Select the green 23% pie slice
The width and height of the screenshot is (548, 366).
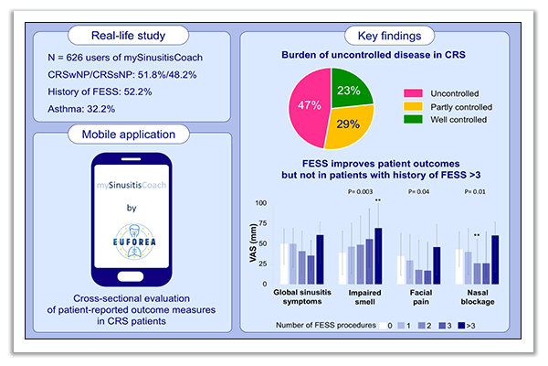coord(350,88)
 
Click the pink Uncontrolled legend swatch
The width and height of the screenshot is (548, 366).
coord(413,93)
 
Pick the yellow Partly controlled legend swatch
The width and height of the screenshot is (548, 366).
coord(413,106)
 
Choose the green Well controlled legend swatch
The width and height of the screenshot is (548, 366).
coord(413,120)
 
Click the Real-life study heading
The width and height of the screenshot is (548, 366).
coord(128,36)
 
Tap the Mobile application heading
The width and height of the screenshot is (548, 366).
coord(129,135)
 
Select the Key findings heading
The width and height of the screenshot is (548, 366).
coord(389,36)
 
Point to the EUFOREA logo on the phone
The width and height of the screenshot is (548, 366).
coord(134,242)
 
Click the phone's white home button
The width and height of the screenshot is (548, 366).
coord(131,276)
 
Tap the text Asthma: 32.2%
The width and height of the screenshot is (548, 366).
coord(81,109)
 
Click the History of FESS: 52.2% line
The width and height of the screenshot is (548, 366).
coord(100,91)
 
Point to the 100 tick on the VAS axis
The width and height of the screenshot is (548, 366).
coord(260,203)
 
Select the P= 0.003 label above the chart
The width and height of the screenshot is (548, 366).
coord(360,191)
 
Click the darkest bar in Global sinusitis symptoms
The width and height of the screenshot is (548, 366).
coord(320,259)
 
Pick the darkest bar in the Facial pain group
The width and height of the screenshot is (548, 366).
coord(437,265)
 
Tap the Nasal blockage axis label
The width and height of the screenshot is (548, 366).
coord(478,297)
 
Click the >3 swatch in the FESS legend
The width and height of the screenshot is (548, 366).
coord(461,326)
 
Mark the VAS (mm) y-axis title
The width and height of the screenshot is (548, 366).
coord(253,243)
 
